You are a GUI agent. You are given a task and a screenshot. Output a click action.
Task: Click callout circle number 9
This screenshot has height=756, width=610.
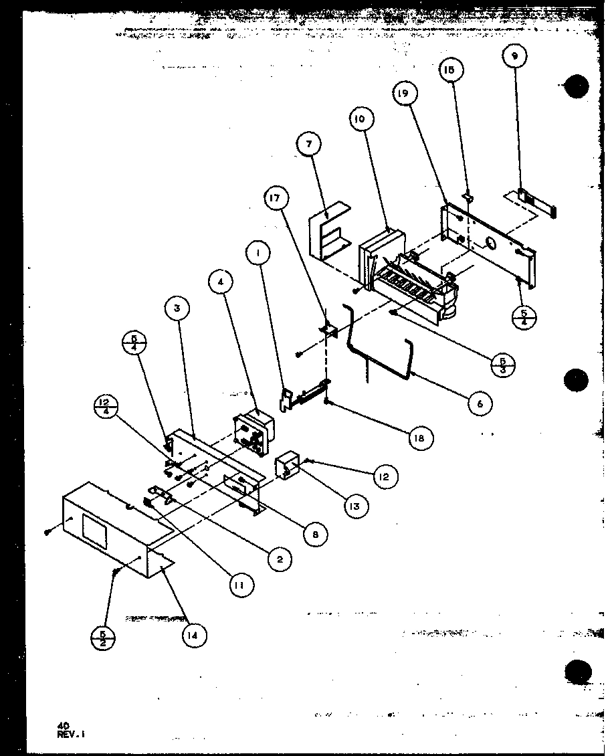coord(514,57)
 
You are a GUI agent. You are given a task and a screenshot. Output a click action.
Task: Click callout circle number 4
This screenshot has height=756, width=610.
coord(221,282)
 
